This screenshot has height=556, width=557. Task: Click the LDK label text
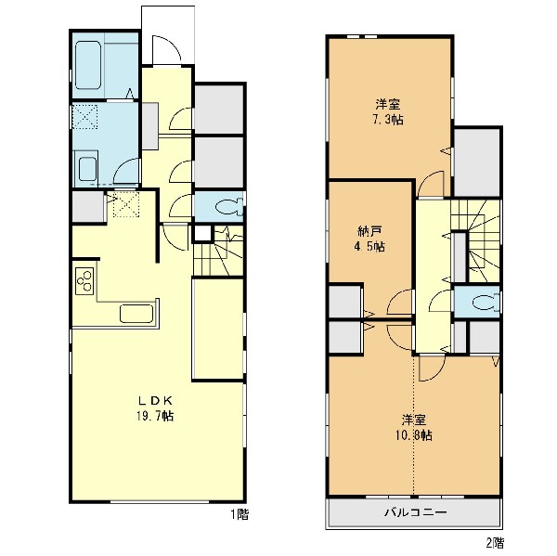coord(155,401)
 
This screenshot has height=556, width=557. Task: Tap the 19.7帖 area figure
coord(155,416)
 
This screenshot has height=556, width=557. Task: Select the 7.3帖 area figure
coord(387,120)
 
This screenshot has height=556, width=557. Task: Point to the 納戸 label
coord(369,232)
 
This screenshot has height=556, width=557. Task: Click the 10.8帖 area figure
coord(414,435)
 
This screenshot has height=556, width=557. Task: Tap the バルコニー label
coord(415,512)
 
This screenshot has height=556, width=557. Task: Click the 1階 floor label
coord(240,514)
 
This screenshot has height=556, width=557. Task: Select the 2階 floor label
coord(495,543)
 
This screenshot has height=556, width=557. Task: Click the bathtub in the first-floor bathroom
coord(88,65)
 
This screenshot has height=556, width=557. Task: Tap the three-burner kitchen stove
coord(84,281)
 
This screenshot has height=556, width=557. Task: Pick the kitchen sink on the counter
coord(136,314)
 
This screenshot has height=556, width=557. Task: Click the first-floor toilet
coord(230,206)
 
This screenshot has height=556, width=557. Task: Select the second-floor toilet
coord(486,303)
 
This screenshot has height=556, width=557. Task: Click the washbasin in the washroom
coord(88,170)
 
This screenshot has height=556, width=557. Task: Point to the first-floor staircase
coord(218,251)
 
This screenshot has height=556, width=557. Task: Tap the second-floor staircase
coord(476,241)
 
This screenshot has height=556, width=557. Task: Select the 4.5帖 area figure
coord(369,247)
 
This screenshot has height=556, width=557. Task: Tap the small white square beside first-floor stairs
coord(202,233)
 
